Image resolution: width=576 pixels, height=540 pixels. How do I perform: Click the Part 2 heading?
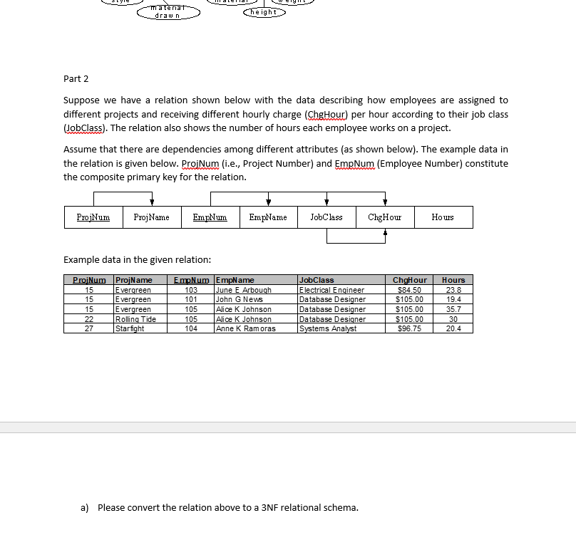tap(76, 78)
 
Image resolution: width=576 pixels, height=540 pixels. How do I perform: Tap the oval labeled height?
tap(264, 12)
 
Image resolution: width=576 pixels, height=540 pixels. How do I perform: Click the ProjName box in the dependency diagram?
tap(151, 217)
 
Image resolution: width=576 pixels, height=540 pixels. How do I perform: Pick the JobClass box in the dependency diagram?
tap(326, 217)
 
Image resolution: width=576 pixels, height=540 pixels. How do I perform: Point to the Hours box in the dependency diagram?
tap(443, 217)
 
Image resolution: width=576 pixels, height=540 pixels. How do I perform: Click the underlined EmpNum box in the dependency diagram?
tap(210, 217)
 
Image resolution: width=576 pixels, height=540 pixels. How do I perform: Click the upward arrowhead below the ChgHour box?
tap(386, 232)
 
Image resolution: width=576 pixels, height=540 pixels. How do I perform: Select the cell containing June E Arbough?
tap(244, 290)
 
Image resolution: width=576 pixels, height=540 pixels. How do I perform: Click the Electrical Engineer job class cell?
tap(331, 290)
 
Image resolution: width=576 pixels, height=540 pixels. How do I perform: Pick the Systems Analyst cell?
tap(328, 328)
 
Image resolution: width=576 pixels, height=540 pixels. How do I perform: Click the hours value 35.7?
tap(453, 309)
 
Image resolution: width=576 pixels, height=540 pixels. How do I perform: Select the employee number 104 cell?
tap(191, 328)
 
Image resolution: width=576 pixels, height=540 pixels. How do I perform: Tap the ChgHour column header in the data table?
tap(409, 280)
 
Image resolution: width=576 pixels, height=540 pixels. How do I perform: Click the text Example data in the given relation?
tap(137, 260)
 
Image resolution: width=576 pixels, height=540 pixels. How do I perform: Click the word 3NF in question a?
tap(263, 507)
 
